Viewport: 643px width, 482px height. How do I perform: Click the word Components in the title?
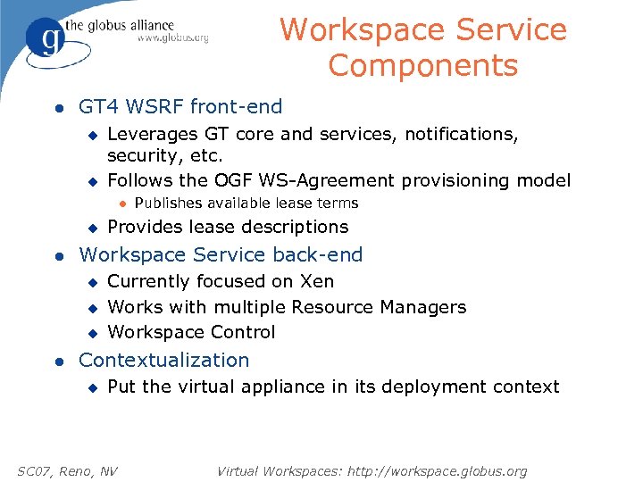422,65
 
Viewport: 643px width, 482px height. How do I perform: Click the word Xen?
317,281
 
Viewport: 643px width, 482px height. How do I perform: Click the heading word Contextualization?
164,360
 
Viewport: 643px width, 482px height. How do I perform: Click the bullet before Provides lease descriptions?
90,228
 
